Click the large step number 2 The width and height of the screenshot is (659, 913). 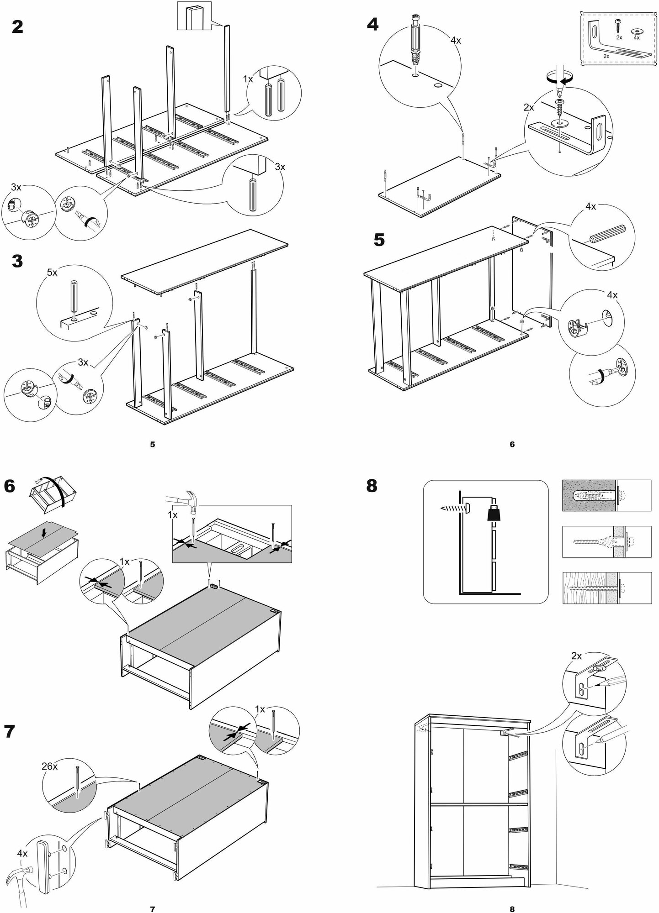17,27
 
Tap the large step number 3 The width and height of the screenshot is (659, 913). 17,262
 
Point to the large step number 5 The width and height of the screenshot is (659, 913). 379,240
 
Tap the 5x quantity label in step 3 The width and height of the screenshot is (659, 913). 52,273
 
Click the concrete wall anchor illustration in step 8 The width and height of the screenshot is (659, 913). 590,495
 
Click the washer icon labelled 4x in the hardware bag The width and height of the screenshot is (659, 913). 636,31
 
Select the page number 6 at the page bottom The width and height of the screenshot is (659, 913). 512,444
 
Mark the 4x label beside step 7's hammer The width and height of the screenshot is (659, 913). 22,852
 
